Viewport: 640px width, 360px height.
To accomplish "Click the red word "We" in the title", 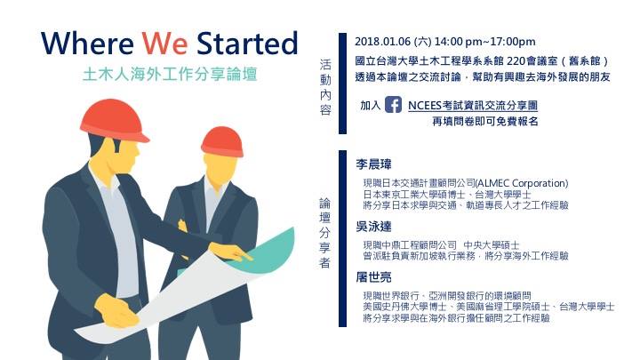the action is click(164, 44).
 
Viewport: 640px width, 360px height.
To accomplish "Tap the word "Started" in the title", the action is click(247, 43).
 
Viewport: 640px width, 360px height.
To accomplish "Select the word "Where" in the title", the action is click(87, 43).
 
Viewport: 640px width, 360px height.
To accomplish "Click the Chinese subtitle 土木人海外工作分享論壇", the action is click(170, 75).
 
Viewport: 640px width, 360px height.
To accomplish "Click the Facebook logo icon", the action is click(393, 105).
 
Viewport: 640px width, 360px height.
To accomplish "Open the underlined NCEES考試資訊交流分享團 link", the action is click(473, 105).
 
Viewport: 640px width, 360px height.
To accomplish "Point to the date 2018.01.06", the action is click(382, 42).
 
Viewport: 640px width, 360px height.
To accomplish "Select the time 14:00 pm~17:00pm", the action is click(485, 42).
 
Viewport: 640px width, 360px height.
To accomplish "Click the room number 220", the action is click(515, 61).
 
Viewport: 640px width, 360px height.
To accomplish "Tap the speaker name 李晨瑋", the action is click(373, 164).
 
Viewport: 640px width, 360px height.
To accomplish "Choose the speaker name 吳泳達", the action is click(373, 227).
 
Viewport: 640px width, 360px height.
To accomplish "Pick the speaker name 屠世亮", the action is click(373, 277).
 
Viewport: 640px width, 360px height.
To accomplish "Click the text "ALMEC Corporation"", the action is click(522, 183).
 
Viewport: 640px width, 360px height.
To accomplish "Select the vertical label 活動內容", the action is click(325, 87).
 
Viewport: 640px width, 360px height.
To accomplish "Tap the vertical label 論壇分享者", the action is click(324, 233).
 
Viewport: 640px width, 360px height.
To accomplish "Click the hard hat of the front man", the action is click(114, 119).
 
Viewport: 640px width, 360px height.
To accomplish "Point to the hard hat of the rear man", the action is click(222, 141).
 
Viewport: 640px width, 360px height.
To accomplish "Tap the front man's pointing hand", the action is click(230, 252).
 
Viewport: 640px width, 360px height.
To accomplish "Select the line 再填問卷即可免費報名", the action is click(485, 121).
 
